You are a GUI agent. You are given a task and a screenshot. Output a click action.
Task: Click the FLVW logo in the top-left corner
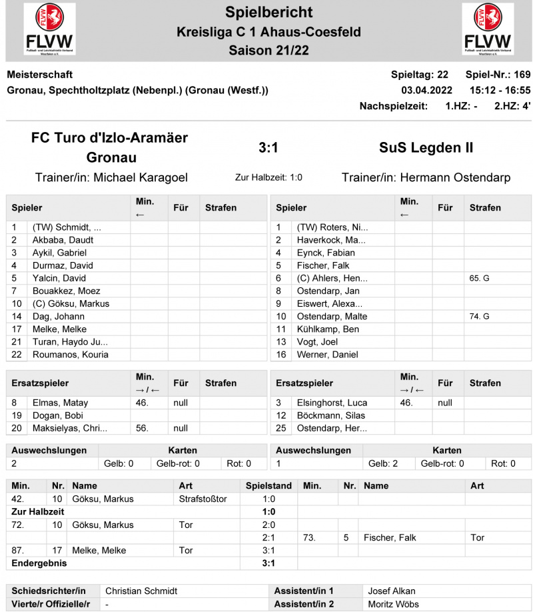[x=49, y=30]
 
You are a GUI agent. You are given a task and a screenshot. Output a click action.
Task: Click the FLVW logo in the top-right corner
[x=488, y=30]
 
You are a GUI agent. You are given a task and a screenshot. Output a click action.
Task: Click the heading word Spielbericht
[x=268, y=12]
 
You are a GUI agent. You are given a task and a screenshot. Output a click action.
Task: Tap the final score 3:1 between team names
[x=268, y=147]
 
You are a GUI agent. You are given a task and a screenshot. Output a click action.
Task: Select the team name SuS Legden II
[x=426, y=147]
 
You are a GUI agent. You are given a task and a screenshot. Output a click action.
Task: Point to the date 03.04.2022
[x=426, y=90]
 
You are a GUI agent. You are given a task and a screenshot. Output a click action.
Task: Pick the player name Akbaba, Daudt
[x=63, y=240]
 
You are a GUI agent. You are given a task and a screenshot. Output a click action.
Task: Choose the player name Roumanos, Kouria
[x=71, y=355]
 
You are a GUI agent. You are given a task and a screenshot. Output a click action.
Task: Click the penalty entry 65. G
[x=479, y=278]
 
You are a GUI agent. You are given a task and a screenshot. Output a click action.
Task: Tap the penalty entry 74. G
[x=479, y=316]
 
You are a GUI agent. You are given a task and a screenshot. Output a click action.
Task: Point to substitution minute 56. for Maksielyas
[x=143, y=428]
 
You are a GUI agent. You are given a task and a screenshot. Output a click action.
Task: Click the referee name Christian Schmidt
[x=142, y=591]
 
